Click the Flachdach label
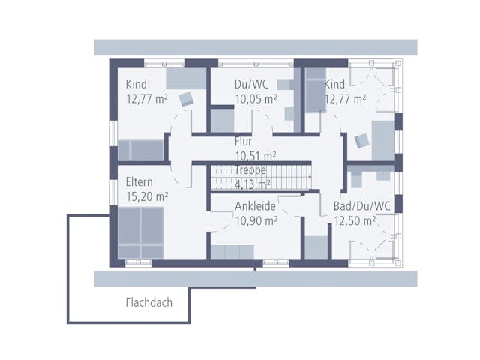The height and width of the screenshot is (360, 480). (149, 302)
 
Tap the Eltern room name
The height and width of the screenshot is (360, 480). (139, 182)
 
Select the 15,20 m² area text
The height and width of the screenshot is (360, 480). (147, 196)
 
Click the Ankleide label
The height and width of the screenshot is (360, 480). (255, 206)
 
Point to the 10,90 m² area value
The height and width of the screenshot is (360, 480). (256, 220)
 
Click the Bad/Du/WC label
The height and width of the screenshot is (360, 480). (361, 206)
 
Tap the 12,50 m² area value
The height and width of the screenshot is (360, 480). (355, 220)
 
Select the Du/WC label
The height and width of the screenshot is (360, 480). (252, 84)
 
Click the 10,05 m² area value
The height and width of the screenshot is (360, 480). (256, 99)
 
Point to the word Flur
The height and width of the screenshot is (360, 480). (243, 142)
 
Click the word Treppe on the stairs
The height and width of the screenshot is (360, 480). (250, 170)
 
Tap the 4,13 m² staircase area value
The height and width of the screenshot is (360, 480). (253, 184)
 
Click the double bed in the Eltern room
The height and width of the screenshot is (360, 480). (140, 233)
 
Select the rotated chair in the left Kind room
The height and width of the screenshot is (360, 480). (187, 98)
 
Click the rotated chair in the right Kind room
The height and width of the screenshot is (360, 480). (361, 141)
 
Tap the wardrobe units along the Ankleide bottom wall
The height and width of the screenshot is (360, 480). (232, 252)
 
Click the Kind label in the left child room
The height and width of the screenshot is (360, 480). (136, 84)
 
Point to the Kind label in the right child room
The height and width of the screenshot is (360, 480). (334, 84)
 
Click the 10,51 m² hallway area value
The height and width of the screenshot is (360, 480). (256, 156)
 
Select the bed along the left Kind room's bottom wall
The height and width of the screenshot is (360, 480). (140, 150)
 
